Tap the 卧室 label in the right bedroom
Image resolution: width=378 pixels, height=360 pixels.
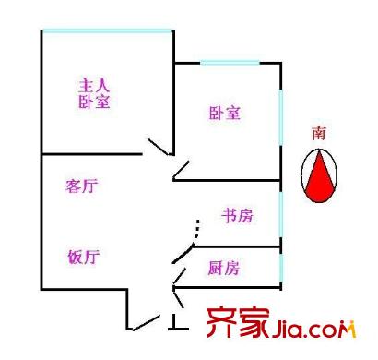tap(224, 114)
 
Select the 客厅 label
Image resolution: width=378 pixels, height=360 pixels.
tap(82, 186)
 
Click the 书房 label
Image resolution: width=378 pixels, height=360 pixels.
tap(236, 216)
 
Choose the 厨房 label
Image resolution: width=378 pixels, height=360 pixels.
tap(223, 269)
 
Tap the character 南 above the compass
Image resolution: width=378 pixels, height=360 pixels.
tap(319, 134)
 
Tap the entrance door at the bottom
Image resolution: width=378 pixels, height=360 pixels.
tap(144, 322)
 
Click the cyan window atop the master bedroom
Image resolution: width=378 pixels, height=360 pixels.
tap(107, 31)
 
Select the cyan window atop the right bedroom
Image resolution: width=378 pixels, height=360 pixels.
tap(230, 63)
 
